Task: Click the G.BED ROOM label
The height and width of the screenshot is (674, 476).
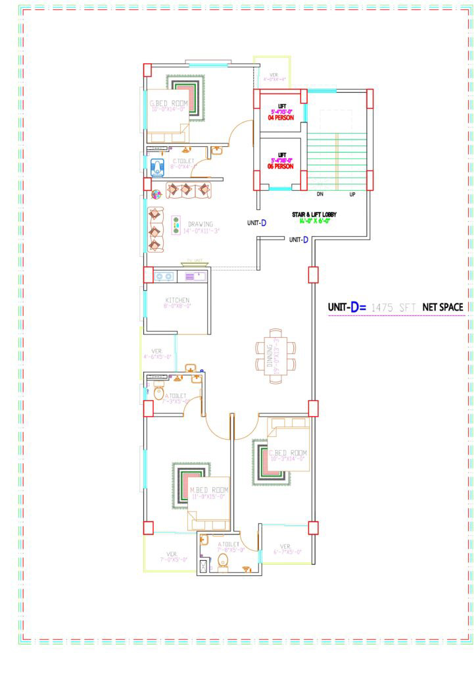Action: click(169, 103)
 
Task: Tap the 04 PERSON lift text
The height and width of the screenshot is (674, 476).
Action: click(281, 118)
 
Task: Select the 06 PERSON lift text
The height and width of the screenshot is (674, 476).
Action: click(280, 167)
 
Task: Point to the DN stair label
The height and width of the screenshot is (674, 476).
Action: click(320, 195)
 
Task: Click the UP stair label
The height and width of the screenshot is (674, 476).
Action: click(352, 195)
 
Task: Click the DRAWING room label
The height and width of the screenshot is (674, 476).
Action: click(201, 224)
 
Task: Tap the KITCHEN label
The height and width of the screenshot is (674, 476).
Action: click(177, 300)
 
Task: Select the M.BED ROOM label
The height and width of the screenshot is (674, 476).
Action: click(209, 491)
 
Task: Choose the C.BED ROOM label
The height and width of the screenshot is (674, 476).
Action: click(288, 453)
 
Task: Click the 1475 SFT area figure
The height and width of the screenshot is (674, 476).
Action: click(393, 307)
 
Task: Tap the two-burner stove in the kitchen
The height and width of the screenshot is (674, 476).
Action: click(164, 277)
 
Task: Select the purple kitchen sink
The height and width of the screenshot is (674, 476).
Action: click(195, 276)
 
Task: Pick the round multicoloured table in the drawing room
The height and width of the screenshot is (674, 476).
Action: click(157, 194)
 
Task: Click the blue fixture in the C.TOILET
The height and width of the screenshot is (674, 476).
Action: click(158, 167)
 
